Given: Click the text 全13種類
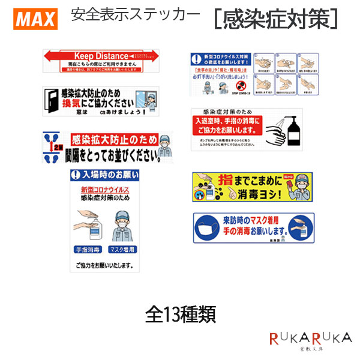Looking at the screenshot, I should tap(180, 314).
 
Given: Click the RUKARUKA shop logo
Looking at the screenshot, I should tap(310, 340).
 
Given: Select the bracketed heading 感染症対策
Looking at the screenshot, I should tap(275, 20).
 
